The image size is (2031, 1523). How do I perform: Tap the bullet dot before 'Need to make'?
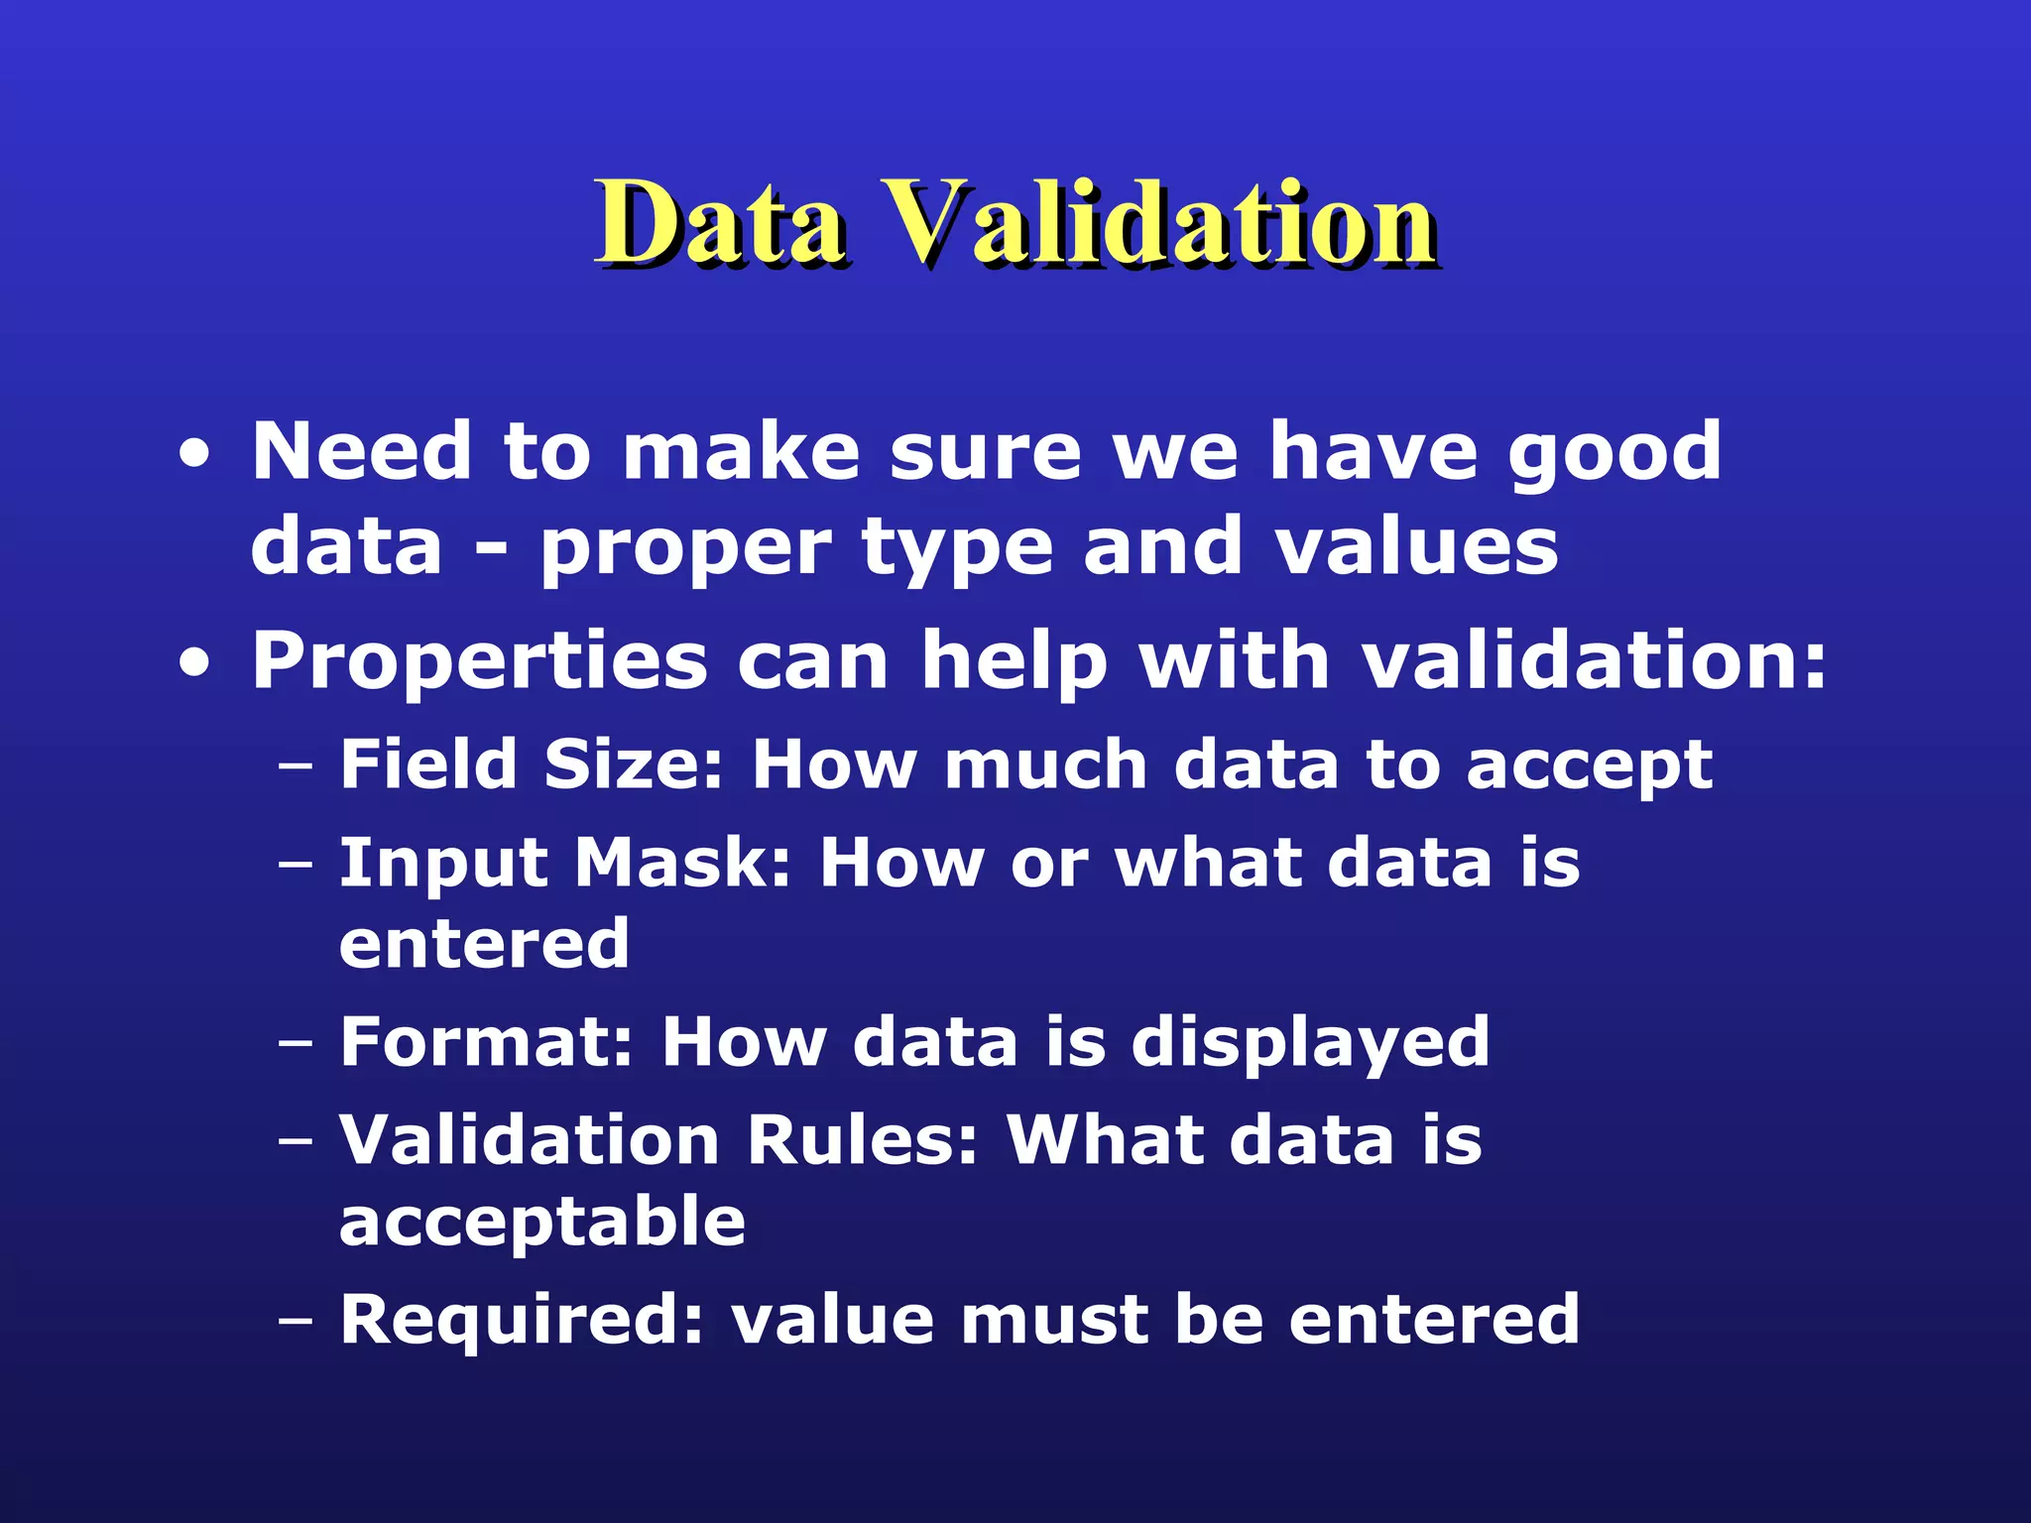[x=195, y=455]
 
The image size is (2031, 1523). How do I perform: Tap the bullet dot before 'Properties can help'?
[x=195, y=664]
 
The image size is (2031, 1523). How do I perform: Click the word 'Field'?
[x=428, y=764]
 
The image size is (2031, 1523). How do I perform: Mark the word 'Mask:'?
[x=683, y=862]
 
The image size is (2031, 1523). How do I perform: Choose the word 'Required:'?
[x=522, y=1320]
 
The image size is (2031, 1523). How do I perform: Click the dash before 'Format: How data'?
[x=295, y=1044]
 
